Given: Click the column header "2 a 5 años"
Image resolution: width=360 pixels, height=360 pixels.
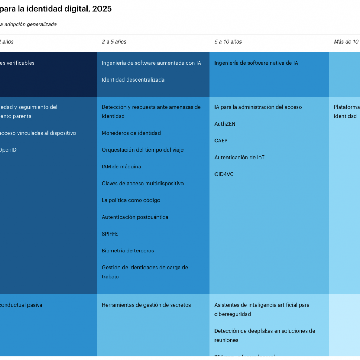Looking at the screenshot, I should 114,42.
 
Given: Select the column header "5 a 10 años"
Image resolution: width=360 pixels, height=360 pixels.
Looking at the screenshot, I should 228,42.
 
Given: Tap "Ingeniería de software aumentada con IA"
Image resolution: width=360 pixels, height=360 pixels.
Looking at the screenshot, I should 151,63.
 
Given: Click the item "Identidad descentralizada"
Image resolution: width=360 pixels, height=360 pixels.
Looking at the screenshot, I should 133,80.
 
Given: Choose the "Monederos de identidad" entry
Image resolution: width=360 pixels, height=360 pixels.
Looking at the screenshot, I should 131,133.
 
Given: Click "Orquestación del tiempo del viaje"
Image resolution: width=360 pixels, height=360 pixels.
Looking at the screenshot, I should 142,150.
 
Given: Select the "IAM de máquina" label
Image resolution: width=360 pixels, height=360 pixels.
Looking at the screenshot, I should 121,167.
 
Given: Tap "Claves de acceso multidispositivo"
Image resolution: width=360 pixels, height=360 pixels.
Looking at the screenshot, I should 143,184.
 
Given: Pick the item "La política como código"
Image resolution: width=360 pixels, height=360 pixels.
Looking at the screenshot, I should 131,200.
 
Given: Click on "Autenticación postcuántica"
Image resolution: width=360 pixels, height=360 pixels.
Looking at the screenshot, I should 135,217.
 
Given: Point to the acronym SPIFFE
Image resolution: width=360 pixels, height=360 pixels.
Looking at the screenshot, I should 110,234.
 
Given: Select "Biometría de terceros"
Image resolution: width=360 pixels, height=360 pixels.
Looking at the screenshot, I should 128,251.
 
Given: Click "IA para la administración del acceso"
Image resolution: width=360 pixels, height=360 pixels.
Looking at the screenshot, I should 258,107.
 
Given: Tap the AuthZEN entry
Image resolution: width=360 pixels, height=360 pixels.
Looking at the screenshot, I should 225,124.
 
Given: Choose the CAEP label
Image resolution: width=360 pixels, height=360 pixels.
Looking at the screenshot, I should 221,141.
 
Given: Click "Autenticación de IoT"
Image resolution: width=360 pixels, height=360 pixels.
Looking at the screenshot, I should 239,157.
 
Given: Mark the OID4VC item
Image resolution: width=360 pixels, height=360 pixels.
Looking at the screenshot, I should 224,174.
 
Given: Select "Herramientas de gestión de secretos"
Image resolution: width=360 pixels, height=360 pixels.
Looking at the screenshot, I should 146,305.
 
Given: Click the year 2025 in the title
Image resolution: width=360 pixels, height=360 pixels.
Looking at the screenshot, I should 102,9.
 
